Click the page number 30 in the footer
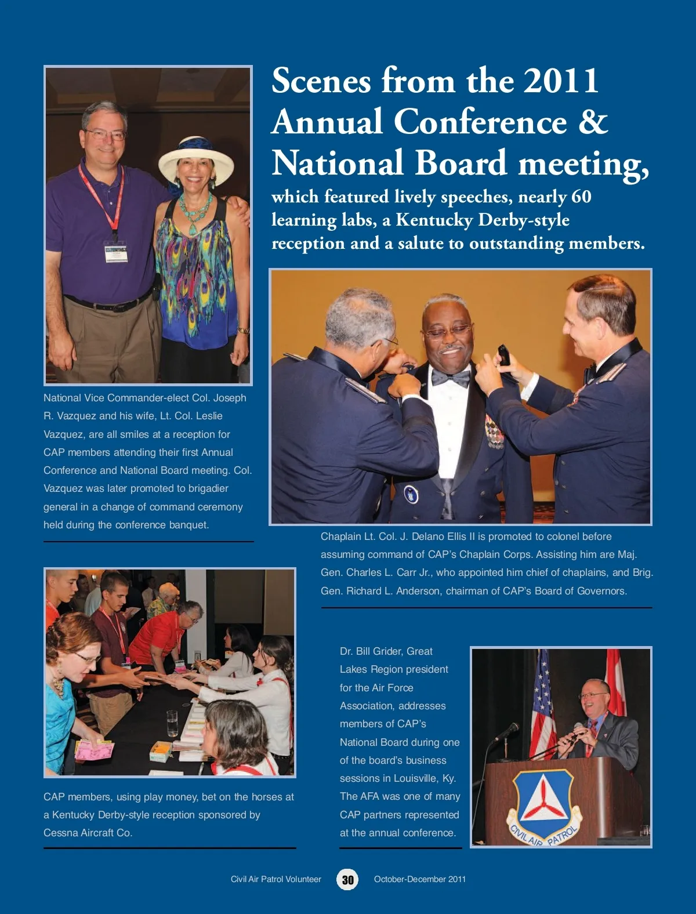coord(347,879)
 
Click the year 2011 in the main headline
coord(561,80)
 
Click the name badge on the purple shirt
coord(116,251)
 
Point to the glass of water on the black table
coord(172,723)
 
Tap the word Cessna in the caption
coord(60,833)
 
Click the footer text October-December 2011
coord(420,879)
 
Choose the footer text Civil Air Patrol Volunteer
coord(275,879)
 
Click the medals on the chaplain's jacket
coord(494,433)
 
